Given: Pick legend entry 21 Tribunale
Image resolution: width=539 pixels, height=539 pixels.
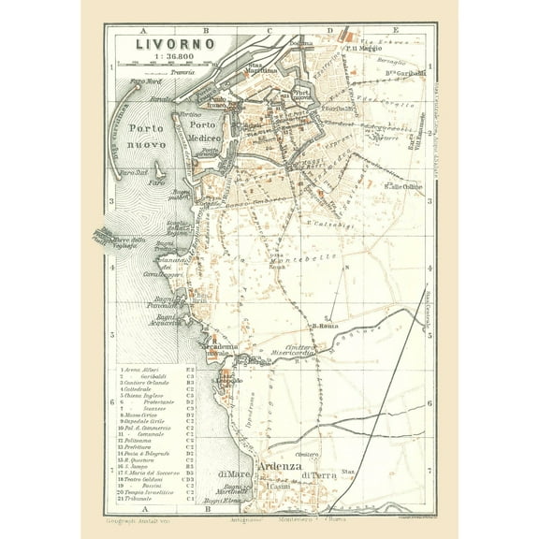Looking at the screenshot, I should click(140, 500).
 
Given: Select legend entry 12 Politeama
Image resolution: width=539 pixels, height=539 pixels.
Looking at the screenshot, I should click(140, 442).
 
